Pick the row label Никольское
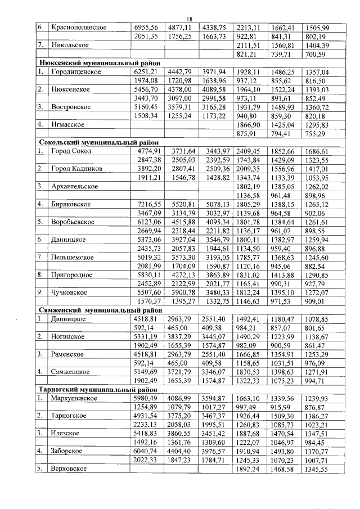(70, 45)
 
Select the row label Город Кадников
(77, 168)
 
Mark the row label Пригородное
(73, 274)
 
